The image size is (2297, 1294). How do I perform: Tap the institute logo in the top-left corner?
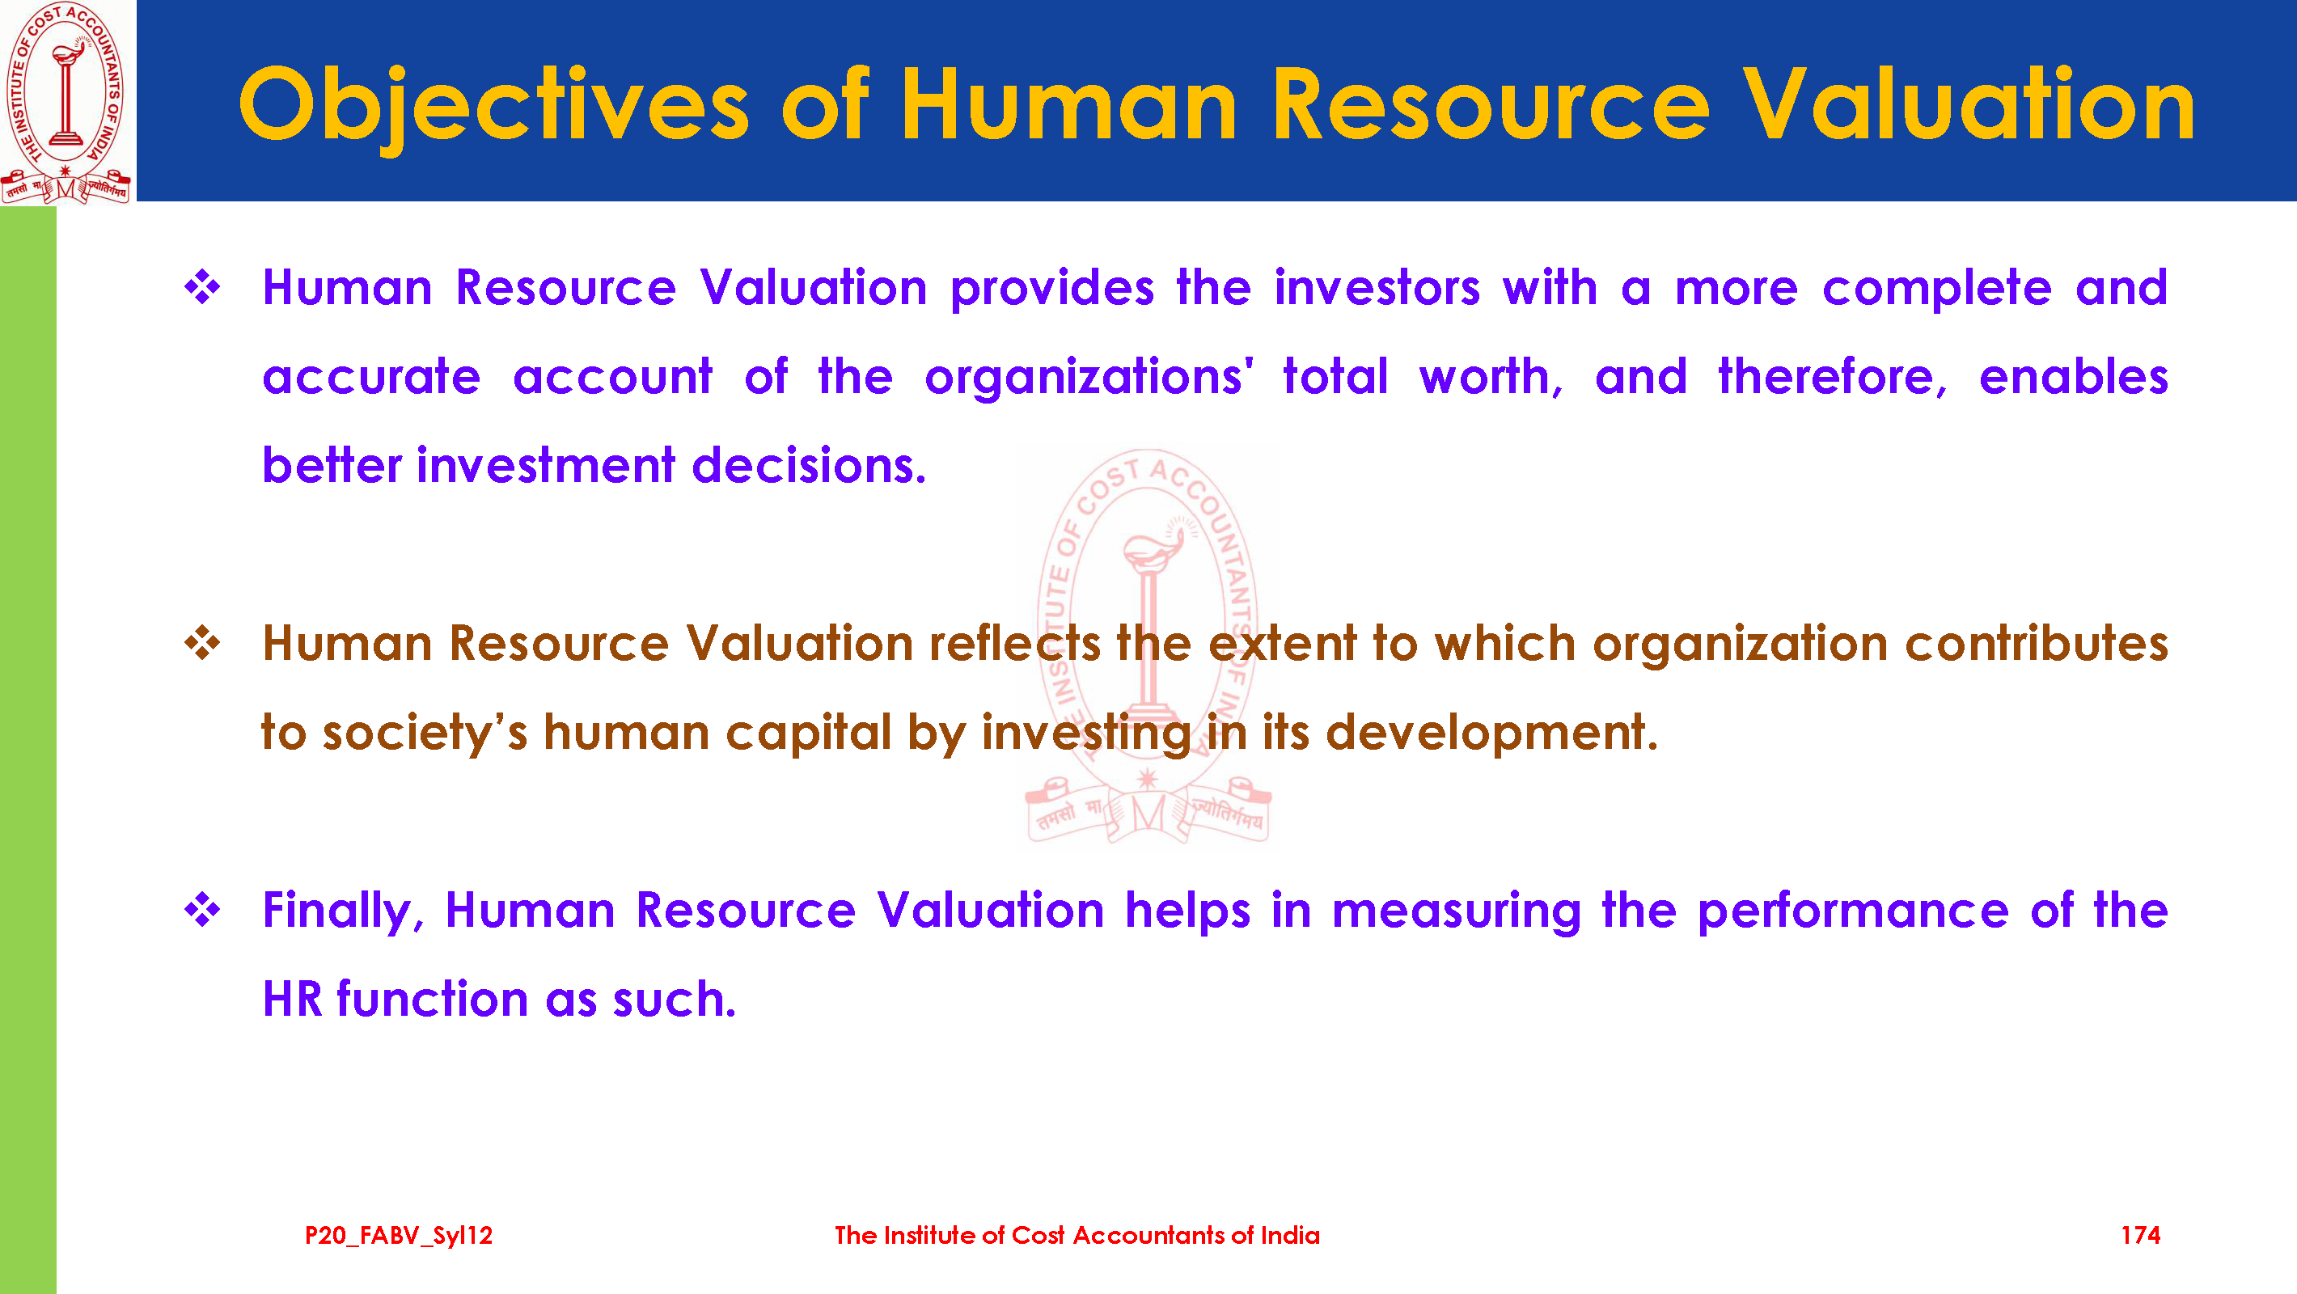coord(67,102)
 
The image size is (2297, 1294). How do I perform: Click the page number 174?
coord(2140,1235)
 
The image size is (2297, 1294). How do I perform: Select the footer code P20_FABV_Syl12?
coord(399,1236)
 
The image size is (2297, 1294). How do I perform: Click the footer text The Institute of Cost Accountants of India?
coord(1077,1235)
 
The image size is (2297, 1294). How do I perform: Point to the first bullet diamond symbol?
coord(202,287)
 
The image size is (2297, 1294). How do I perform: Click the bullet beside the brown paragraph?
coord(202,643)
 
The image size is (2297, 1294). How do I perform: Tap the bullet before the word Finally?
coord(202,910)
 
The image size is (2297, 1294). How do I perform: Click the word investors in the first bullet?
coord(1377,288)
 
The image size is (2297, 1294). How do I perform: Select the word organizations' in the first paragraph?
coord(1089,377)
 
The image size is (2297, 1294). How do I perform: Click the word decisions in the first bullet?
coord(809,466)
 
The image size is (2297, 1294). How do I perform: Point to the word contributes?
coord(2037,644)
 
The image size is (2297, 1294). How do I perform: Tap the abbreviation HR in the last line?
coord(293,999)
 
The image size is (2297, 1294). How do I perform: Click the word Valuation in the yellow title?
coord(1969,105)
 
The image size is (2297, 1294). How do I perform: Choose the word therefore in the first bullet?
coord(1833,377)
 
